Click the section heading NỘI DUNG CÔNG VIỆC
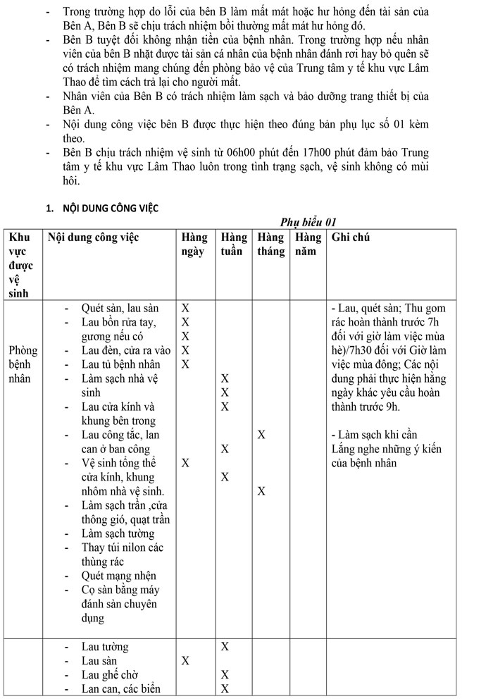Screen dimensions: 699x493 tap(110, 208)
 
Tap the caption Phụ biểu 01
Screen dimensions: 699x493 tap(309, 223)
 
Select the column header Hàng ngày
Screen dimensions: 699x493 tap(194, 245)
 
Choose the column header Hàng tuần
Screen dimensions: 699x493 tap(234, 245)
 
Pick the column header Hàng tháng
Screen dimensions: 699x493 tap(271, 245)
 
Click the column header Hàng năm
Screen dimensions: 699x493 tap(308, 245)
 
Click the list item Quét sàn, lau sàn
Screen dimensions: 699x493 tap(120, 308)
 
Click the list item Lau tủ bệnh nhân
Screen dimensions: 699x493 tap(120, 364)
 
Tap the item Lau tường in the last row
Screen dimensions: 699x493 tap(105, 647)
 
